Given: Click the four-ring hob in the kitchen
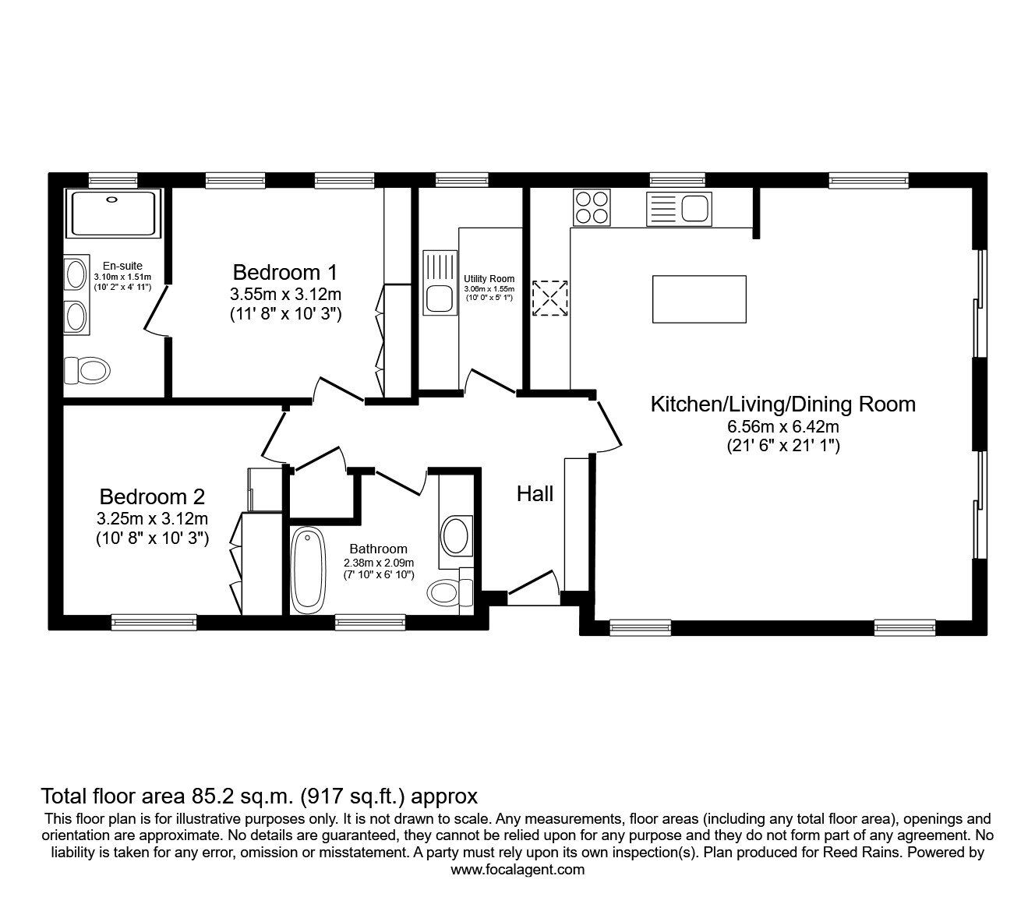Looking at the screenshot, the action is (x=592, y=207).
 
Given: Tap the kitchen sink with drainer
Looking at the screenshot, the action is (x=679, y=209).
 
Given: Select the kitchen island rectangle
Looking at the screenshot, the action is (x=699, y=299).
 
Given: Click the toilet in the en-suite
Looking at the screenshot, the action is (x=87, y=371).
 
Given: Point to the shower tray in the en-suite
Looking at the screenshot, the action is (x=113, y=212).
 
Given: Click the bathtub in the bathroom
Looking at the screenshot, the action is (x=308, y=570).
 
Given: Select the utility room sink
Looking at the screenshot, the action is (x=440, y=283).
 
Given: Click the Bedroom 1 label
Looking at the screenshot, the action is (x=285, y=273).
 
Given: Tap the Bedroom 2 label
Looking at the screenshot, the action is (x=152, y=497).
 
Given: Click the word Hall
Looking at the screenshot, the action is (x=535, y=494).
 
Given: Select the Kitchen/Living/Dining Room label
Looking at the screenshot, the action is (x=783, y=404).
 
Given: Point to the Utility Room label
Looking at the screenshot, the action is (x=489, y=279).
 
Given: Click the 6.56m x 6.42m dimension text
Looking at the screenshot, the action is (x=783, y=427).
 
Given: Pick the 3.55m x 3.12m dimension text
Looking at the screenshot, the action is (x=285, y=294).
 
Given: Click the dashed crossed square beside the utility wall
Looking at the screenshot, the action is (x=549, y=298).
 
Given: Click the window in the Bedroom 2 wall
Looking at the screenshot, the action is (x=154, y=622).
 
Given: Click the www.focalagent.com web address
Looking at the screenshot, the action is (x=517, y=870).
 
